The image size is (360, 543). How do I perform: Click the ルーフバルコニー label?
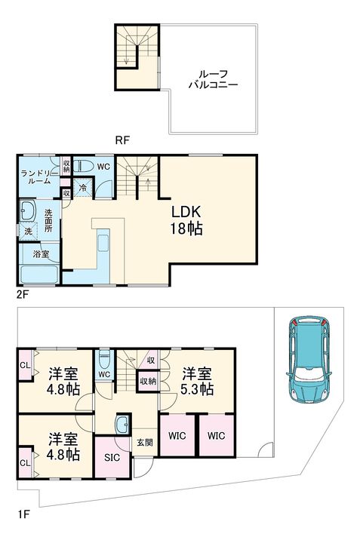[x=213, y=79]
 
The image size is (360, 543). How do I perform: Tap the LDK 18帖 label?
[x=186, y=220]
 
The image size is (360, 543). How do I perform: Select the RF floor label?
[x=122, y=140]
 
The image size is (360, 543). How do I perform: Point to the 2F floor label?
[x=22, y=295]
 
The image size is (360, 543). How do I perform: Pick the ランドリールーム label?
[x=36, y=176]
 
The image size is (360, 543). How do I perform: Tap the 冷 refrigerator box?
[x=83, y=188]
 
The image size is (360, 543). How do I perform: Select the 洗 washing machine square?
[x=28, y=231]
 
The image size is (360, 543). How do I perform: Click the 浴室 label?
[x=41, y=254]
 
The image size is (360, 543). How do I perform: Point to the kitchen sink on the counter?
[x=103, y=243]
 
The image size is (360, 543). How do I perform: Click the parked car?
[x=309, y=359]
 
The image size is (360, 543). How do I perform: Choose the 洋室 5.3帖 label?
[x=197, y=382]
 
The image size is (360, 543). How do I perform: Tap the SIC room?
[x=112, y=458]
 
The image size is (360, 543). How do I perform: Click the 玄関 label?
[x=145, y=442]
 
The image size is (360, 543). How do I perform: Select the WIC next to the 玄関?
[x=177, y=436]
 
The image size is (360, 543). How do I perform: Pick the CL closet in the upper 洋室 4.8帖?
[x=25, y=365]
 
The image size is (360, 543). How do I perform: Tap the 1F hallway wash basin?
[x=123, y=424]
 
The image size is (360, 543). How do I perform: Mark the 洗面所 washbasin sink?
[x=28, y=210]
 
